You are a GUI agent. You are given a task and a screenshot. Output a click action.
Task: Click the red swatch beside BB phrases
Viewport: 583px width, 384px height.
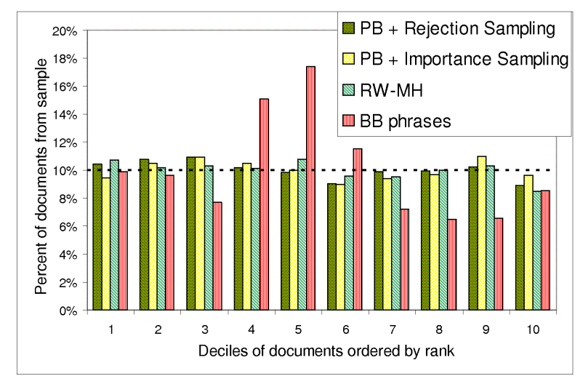point(349,121)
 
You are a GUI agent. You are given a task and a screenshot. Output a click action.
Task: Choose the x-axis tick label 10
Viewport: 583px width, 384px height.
point(532,329)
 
